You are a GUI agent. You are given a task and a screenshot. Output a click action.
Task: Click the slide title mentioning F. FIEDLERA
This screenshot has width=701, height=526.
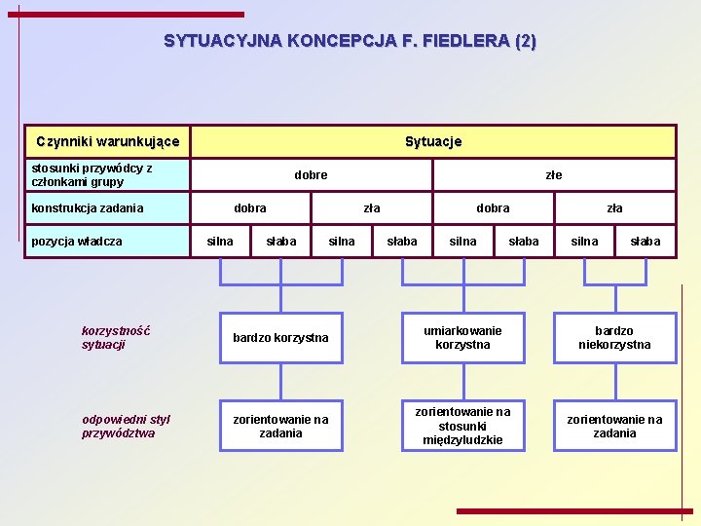click(350, 41)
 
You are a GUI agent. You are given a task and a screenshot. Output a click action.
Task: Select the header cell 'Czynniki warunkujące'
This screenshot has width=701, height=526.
click(107, 141)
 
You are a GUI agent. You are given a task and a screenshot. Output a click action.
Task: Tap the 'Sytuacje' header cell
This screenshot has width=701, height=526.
click(433, 141)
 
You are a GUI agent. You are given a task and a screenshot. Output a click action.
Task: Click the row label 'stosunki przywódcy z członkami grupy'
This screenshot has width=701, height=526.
click(92, 174)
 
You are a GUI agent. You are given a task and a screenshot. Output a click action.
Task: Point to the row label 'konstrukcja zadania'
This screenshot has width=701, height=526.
click(88, 207)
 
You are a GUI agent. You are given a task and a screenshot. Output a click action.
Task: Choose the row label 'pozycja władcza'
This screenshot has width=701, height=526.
click(77, 241)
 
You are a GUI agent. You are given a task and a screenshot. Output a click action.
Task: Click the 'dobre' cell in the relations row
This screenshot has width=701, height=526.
click(311, 175)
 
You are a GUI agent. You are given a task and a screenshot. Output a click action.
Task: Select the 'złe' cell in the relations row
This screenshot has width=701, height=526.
click(554, 175)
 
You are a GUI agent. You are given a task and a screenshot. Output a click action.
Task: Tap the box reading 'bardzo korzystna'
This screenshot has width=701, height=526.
click(280, 338)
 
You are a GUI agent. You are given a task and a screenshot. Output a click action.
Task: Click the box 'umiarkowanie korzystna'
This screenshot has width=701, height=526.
click(462, 338)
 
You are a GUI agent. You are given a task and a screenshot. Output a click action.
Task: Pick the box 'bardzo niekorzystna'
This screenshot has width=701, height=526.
click(614, 338)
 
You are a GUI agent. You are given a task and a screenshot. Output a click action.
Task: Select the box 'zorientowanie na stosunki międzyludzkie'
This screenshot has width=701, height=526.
click(462, 426)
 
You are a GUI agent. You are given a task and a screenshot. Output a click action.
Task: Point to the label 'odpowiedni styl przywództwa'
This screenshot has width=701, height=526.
click(126, 426)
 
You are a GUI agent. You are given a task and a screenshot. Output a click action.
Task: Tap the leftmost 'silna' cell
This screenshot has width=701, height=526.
click(220, 242)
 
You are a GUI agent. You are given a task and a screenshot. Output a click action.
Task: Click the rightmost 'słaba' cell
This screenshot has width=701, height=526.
click(645, 242)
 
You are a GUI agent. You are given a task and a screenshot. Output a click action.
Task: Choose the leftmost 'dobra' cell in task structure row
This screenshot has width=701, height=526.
click(250, 208)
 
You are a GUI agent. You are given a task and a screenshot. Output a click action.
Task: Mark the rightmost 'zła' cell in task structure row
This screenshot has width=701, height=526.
click(614, 208)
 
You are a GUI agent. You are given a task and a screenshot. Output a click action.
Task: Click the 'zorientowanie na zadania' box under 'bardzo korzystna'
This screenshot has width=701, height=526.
click(280, 426)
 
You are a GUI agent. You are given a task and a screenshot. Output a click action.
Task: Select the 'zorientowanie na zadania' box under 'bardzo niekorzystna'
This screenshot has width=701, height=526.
click(614, 426)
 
